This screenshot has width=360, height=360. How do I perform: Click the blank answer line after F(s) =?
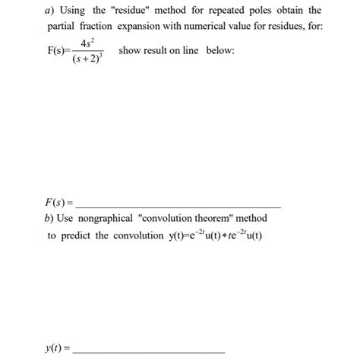click(x=179, y=207)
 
